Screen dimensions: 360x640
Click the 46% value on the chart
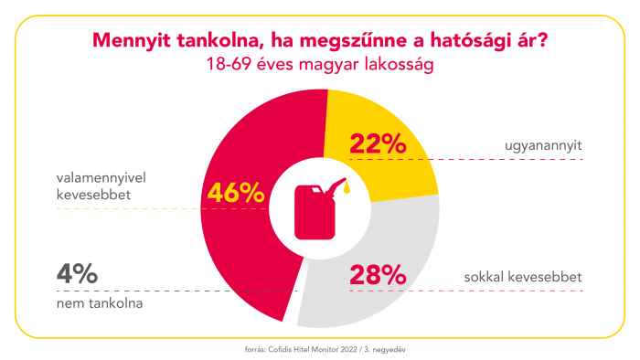coord(236,193)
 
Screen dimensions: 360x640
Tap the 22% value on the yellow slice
coord(377,143)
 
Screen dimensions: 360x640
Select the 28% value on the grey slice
coord(377,273)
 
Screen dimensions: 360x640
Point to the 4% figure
coord(76,272)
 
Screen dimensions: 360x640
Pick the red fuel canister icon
coord(313,208)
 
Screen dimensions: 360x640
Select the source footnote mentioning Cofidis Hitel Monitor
coord(320,348)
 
